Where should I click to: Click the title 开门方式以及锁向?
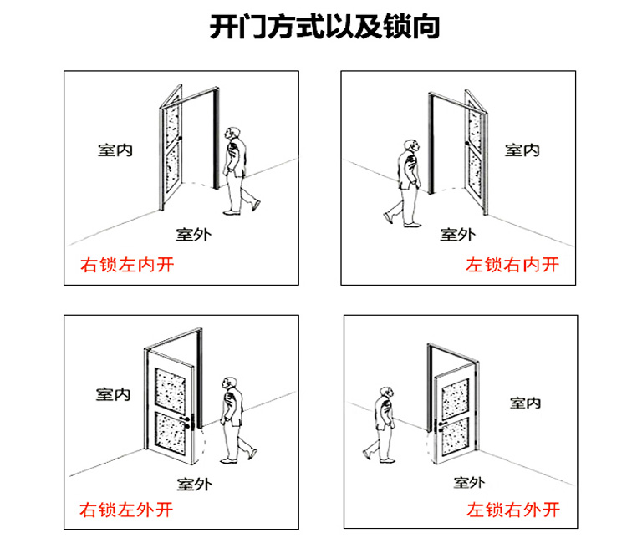coord(325,28)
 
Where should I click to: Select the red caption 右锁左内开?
coord(126,266)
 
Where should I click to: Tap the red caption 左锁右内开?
coord(512,266)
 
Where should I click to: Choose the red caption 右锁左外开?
coord(126,509)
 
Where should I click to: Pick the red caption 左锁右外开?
coord(512,509)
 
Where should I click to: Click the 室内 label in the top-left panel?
coord(115,150)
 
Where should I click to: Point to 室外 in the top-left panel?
coord(193,234)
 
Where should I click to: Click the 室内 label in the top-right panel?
coord(522,150)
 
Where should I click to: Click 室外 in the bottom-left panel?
coord(194,483)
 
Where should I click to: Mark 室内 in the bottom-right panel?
coord(525,403)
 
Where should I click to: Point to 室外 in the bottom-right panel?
coord(470,482)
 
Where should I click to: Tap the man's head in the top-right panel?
coord(410,146)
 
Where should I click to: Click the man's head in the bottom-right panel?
coord(385,393)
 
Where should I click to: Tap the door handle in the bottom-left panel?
coord(195,422)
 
